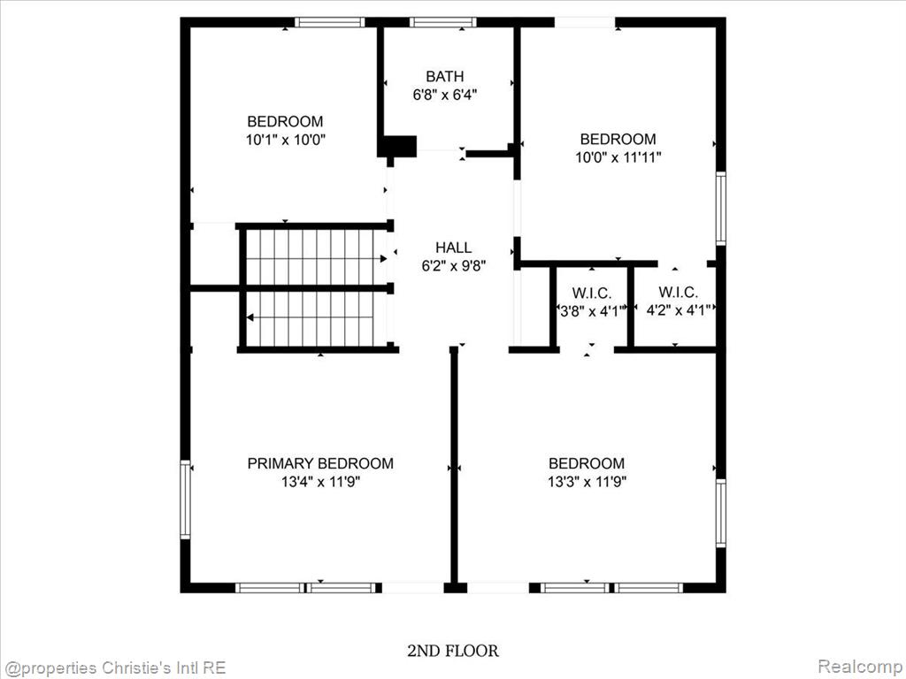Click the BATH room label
[444, 76]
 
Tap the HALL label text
[454, 248]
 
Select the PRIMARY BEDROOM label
[320, 463]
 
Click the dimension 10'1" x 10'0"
[286, 140]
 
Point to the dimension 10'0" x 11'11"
[618, 157]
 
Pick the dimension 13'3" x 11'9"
[587, 482]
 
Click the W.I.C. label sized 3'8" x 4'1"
[592, 294]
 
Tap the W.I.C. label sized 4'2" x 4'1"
[678, 292]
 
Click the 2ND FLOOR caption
[453, 652]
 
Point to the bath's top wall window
[443, 22]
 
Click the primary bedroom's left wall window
[185, 500]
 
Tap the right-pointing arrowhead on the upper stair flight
[383, 259]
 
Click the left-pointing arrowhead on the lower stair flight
[250, 317]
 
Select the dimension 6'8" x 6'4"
[444, 95]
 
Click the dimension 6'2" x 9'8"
[454, 265]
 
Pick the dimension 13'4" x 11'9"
[320, 482]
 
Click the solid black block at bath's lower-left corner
[397, 146]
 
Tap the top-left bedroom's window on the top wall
[329, 22]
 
